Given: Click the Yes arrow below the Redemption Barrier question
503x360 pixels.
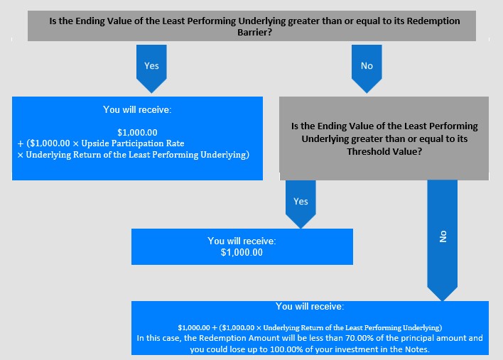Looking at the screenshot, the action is coord(151,69).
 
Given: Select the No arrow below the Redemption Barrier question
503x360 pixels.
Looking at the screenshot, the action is coord(367,69).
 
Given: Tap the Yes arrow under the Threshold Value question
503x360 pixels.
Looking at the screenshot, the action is coord(301,204).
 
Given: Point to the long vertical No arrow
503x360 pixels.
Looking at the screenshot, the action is coord(443,240).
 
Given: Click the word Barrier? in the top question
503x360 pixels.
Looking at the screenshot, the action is coord(254,33).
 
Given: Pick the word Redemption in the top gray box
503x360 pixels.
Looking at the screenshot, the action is coord(433,21).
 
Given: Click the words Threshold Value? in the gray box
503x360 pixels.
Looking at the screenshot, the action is coord(384,151).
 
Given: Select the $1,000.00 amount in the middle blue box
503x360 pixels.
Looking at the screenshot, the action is coord(242,253).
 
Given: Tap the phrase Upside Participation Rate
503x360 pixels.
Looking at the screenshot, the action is coord(133,143).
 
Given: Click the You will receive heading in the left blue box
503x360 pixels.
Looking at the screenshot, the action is coord(137,109).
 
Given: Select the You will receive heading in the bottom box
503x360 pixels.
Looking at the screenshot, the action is coord(310,306).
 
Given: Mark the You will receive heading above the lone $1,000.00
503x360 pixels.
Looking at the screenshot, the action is coord(242,241).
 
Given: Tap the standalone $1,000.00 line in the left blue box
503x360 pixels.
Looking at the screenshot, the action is coord(137,132).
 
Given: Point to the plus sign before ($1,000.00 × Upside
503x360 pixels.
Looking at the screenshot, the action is coord(21,143).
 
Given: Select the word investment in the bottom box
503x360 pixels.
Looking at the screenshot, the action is coord(347,349).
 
